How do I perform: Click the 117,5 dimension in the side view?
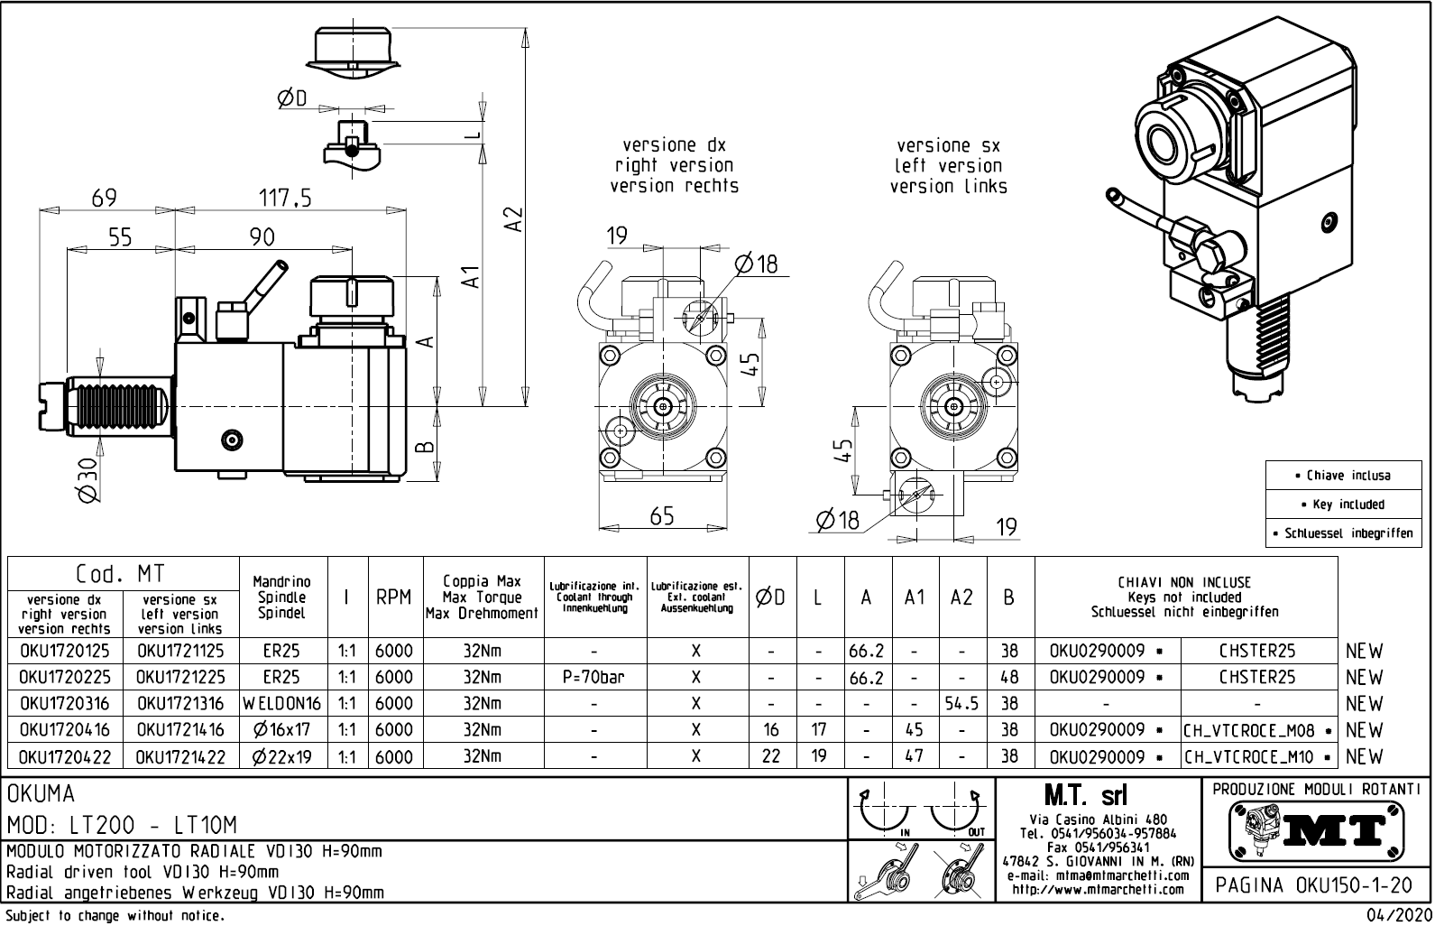pyautogui.click(x=285, y=199)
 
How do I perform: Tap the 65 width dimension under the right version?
pyautogui.click(x=662, y=516)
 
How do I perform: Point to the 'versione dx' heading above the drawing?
pyautogui.click(x=674, y=145)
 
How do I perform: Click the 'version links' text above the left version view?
pyautogui.click(x=948, y=187)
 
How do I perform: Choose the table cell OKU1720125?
pyautogui.click(x=64, y=651)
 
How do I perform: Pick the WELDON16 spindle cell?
pyautogui.click(x=281, y=703)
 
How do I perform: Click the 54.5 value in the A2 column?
pyautogui.click(x=961, y=703)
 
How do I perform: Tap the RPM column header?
pyautogui.click(x=394, y=597)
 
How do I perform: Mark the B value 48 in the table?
pyautogui.click(x=1009, y=677)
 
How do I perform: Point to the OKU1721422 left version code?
pyautogui.click(x=180, y=756)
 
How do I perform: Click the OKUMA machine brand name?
pyautogui.click(x=42, y=794)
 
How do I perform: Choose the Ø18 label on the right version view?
pyautogui.click(x=756, y=264)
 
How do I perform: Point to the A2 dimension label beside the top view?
pyautogui.click(x=512, y=219)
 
